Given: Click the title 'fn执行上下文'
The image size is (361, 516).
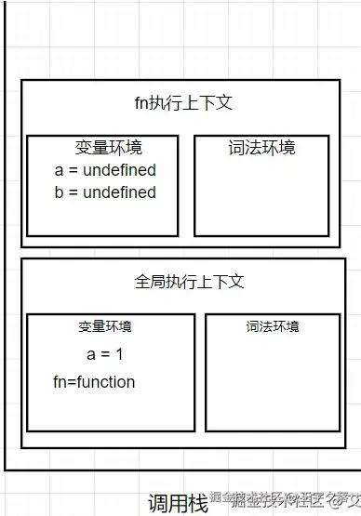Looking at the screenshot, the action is [183, 104].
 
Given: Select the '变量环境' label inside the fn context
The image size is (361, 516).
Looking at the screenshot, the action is [109, 148].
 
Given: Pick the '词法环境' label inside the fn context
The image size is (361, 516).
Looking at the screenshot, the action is [261, 148].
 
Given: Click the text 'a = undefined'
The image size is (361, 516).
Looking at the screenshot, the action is [106, 170].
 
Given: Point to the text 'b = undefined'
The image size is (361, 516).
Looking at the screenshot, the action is [106, 192].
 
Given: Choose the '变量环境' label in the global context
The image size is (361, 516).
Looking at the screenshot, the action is [105, 326].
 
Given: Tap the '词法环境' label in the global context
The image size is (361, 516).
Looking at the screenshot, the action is [273, 326].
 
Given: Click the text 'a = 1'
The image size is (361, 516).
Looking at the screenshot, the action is [105, 354].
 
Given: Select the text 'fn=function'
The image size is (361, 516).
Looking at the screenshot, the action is [94, 382].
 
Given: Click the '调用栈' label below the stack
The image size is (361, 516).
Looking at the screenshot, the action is [178, 503].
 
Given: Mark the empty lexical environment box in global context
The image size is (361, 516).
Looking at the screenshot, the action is [273, 381].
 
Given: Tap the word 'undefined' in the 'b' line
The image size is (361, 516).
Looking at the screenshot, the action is [119, 192].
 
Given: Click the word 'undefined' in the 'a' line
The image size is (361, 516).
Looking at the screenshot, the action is [119, 170].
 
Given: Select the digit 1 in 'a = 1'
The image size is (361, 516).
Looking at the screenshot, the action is [118, 354].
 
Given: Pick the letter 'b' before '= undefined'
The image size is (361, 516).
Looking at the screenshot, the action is [60, 192].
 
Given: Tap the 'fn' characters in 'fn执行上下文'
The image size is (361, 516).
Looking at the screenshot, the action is [142, 104].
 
